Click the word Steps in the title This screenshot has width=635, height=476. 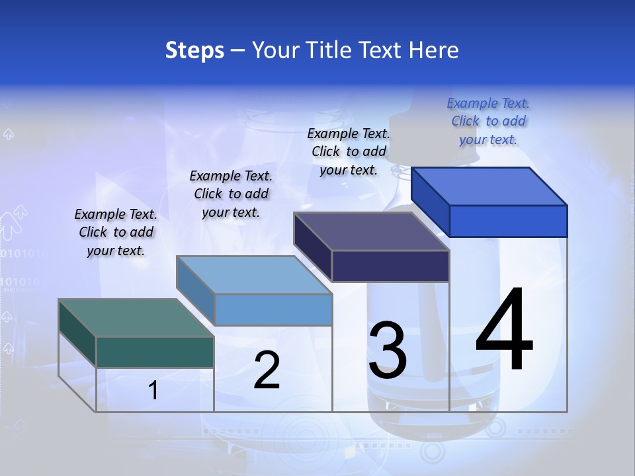click(194, 50)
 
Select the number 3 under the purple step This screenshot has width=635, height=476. click(388, 350)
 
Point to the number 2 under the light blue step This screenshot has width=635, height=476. click(267, 370)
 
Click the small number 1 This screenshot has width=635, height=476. click(153, 391)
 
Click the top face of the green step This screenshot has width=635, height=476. click(136, 317)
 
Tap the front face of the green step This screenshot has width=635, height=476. click(155, 352)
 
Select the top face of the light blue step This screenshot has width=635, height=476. click(254, 274)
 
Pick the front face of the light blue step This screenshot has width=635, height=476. click(273, 309)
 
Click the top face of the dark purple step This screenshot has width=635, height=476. click(372, 231)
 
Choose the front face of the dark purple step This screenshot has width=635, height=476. click(390, 266)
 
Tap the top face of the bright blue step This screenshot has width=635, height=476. click(489, 186)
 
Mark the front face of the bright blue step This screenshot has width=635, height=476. click(508, 221)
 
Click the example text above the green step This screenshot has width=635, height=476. click(116, 233)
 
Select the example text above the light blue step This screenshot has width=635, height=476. click(231, 194)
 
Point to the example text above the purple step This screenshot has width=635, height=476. click(349, 151)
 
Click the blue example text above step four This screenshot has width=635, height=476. click(488, 121)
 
